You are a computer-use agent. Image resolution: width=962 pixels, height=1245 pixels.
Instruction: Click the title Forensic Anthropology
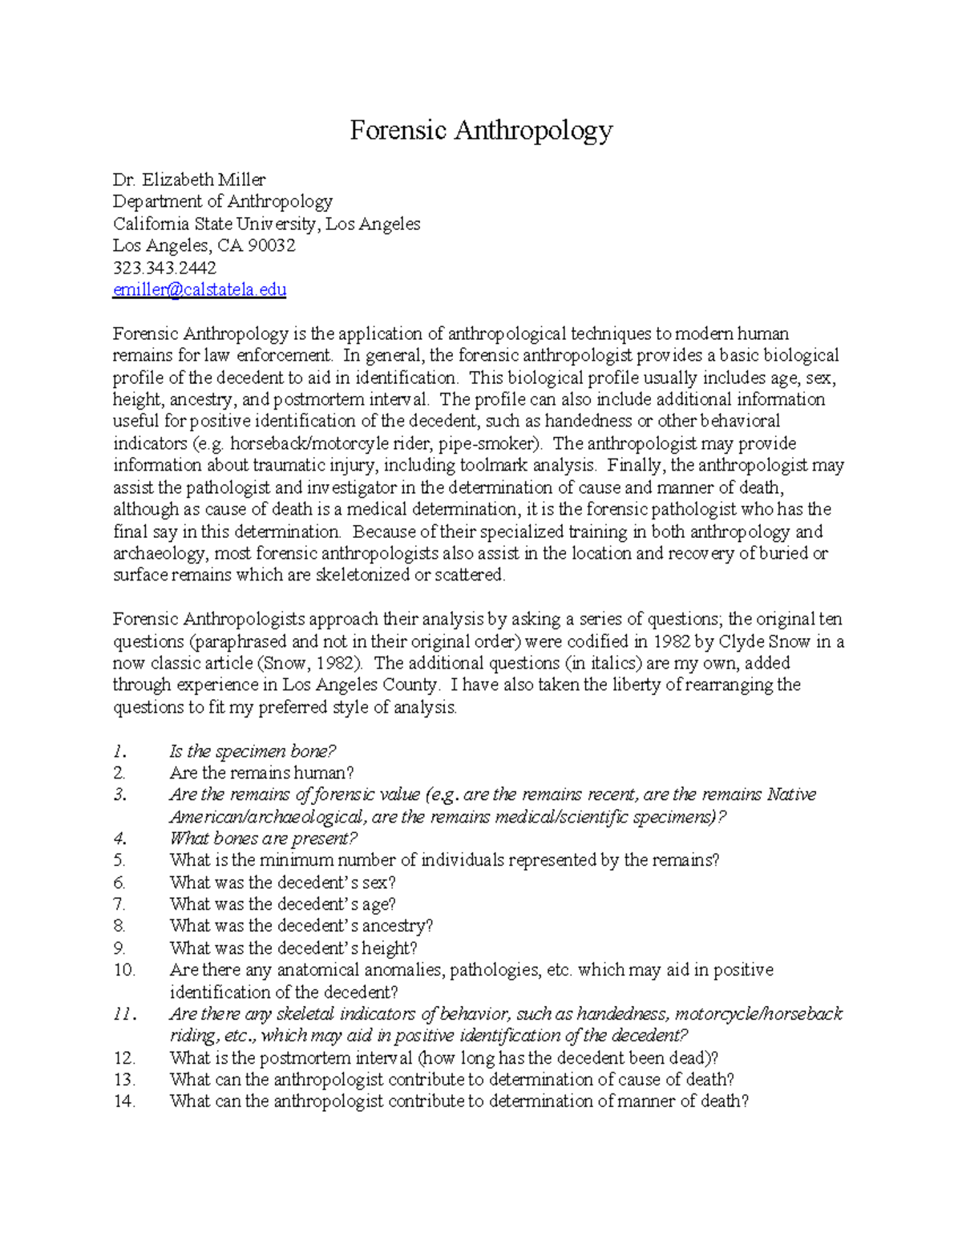[481, 130]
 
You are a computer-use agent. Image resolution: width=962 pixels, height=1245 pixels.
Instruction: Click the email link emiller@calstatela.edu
[199, 289]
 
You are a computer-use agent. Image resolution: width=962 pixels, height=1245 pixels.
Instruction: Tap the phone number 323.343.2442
[164, 268]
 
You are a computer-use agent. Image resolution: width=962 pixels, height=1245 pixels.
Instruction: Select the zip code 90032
[272, 245]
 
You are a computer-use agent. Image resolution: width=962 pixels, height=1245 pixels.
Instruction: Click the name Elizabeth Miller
[204, 180]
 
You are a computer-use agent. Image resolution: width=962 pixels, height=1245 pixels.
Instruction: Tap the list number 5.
[119, 860]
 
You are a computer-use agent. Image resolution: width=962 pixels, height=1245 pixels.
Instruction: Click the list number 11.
[123, 1014]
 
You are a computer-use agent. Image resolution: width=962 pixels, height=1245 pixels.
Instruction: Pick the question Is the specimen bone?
[252, 751]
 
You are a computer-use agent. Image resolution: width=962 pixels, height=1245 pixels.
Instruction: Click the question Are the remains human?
[261, 773]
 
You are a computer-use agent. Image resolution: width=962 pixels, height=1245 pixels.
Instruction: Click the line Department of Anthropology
[222, 201]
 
